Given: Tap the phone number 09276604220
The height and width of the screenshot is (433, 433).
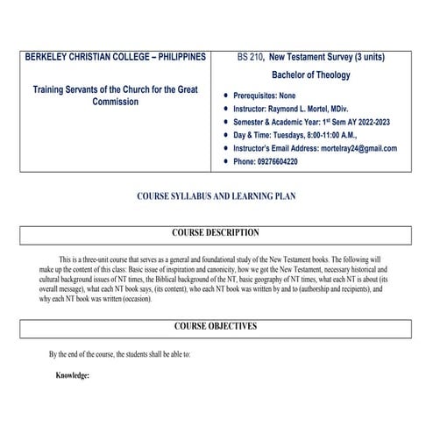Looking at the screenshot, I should tap(291, 162).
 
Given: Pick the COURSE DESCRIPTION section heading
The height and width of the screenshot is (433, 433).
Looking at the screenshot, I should tap(216, 233).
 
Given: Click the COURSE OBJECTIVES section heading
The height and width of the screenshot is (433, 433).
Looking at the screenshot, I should tap(216, 326).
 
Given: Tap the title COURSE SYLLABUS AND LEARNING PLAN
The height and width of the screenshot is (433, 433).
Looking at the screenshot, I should tap(216, 197).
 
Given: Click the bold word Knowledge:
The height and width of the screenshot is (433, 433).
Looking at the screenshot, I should tap(72, 375).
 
